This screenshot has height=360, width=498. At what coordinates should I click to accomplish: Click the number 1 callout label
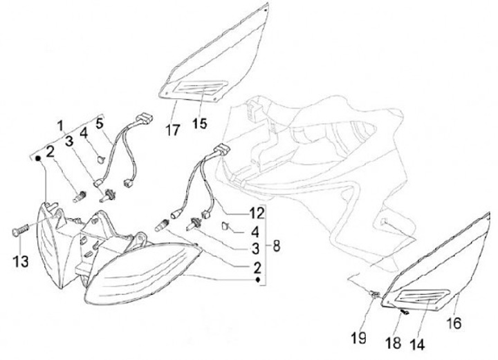(x=59, y=126)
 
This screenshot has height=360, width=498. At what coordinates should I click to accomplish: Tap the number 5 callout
(x=99, y=124)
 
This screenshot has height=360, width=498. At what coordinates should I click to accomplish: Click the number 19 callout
(x=359, y=339)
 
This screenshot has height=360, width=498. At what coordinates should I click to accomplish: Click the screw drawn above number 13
(x=21, y=229)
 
